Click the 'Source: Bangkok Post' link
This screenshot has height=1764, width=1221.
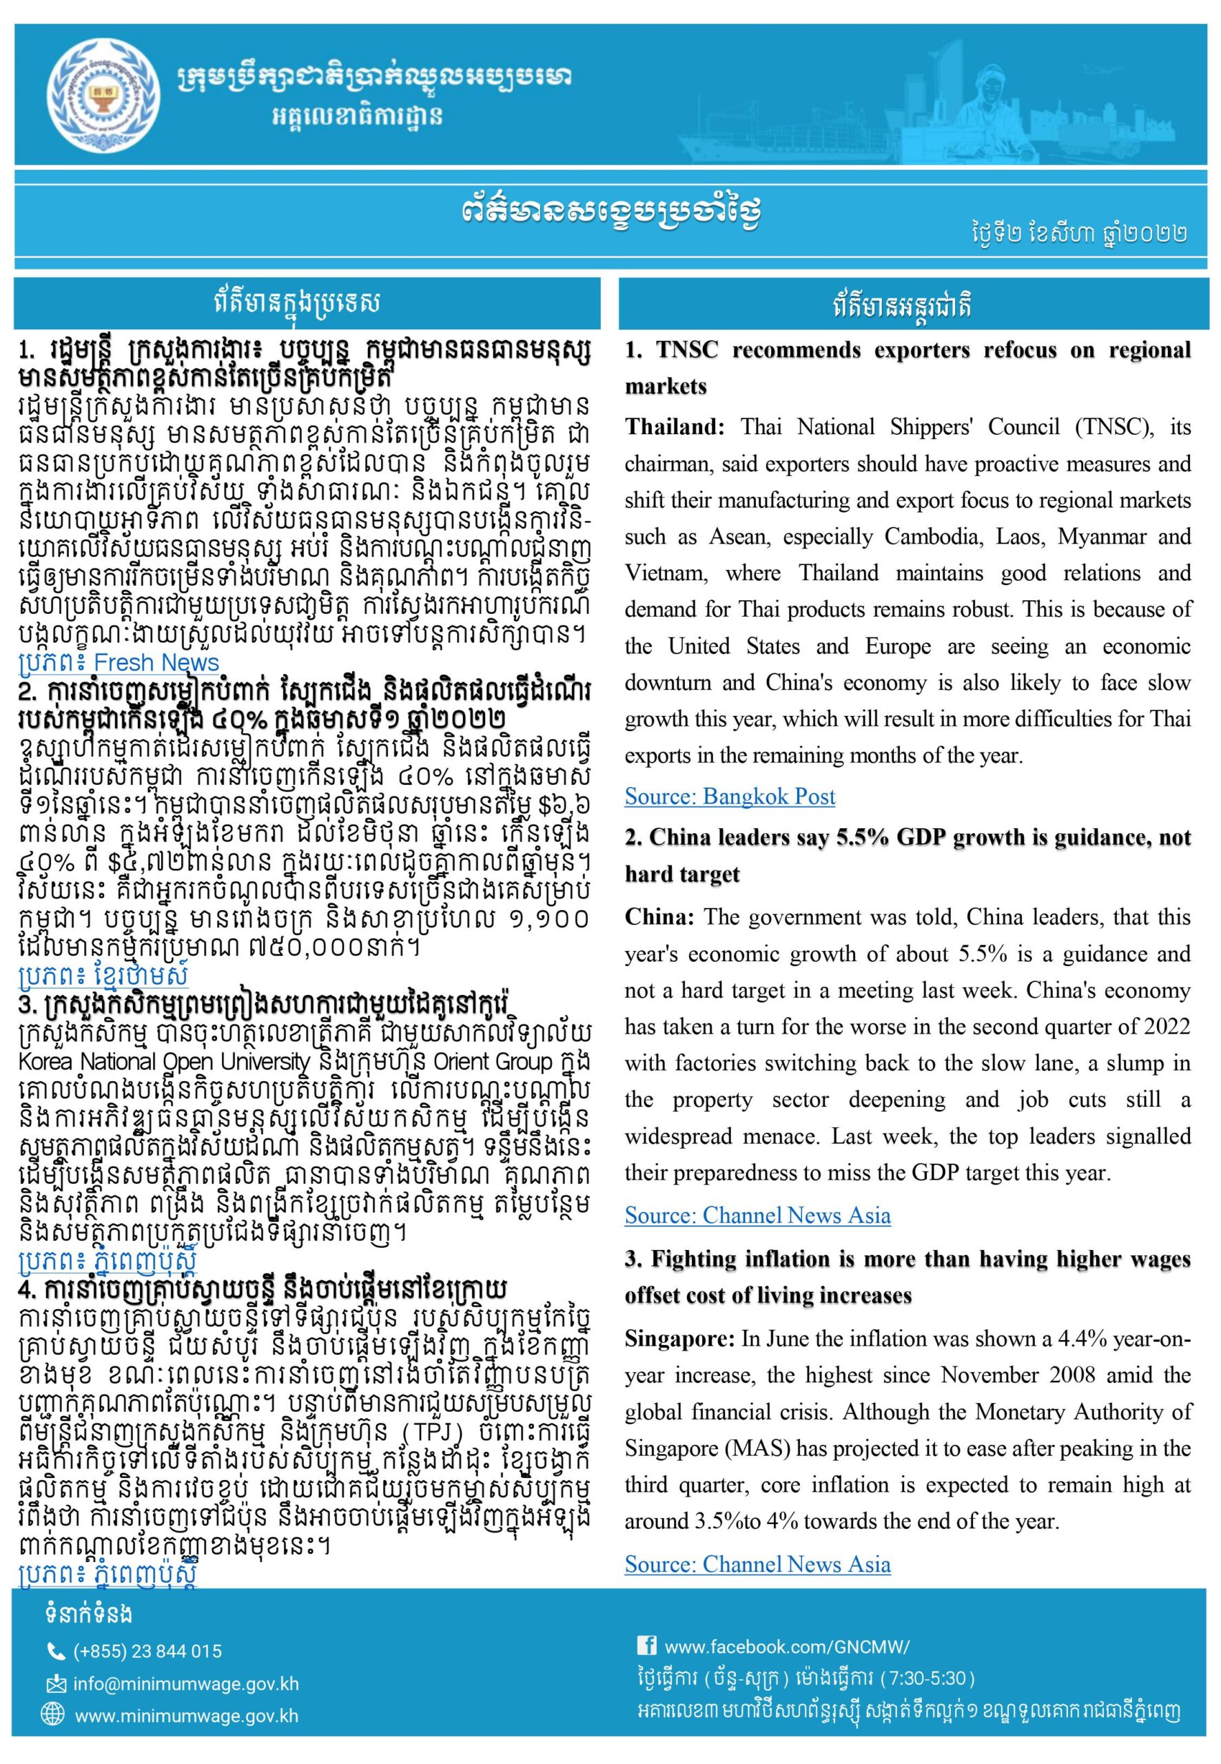tap(730, 797)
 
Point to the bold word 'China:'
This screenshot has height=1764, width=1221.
tap(659, 917)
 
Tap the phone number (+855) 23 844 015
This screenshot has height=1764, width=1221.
tap(147, 1652)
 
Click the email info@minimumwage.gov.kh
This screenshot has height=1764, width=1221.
tap(186, 1685)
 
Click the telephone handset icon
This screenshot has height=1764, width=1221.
tap(56, 1652)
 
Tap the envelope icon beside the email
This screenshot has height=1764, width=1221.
tap(56, 1685)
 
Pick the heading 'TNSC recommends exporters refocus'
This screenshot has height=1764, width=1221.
tap(841, 350)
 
